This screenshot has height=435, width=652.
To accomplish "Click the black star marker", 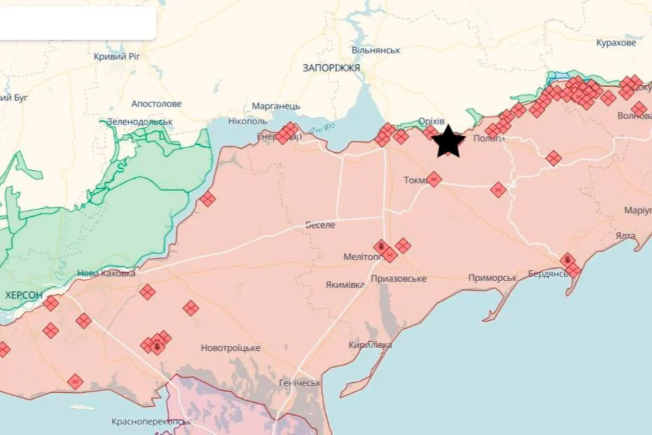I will coord(448,141).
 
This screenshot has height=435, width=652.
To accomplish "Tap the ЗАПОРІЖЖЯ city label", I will coord(331,68).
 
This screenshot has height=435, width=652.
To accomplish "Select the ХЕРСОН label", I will coord(23,296).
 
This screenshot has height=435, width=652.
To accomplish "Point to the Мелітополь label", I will coord(361,257).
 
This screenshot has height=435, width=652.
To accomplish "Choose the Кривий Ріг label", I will coord(120,56).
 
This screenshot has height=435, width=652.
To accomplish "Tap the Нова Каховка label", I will coord(106,273).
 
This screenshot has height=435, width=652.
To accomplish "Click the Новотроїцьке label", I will coord(230,348).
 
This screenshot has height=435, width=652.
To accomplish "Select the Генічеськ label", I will coord(300,383).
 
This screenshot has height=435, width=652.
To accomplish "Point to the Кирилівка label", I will coord(370,345).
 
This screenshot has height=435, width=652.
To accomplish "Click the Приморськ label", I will coord(492,278).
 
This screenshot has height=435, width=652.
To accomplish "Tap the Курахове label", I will coord(616,43).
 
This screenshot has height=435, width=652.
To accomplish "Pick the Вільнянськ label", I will coord(376,50).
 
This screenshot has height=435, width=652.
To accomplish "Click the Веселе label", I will coord(320,225).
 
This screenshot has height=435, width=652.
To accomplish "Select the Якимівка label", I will coord(345,285).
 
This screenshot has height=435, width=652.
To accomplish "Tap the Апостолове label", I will coord(156,104).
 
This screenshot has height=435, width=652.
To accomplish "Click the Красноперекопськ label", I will coord(151,422).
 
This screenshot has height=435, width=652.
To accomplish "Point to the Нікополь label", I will coord(247,121).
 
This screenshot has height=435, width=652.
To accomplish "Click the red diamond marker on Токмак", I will coord(434,179).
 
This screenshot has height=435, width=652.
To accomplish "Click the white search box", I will coord(77,23).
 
